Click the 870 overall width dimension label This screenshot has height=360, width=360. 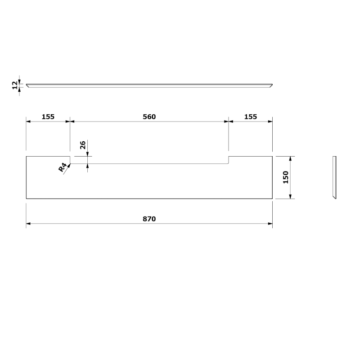[x=149, y=219]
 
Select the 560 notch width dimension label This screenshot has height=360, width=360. [x=149, y=117]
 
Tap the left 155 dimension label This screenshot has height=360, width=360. [x=48, y=117]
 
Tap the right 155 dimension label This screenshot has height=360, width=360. [x=251, y=117]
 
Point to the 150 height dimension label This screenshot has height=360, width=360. [x=285, y=177]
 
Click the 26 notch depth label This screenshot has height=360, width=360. [x=83, y=145]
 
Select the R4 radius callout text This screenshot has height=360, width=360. [x=62, y=167]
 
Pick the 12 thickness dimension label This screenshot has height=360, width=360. [x=15, y=85]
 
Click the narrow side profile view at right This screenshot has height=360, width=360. [x=334, y=177]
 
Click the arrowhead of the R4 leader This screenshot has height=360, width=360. [x=69, y=166]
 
